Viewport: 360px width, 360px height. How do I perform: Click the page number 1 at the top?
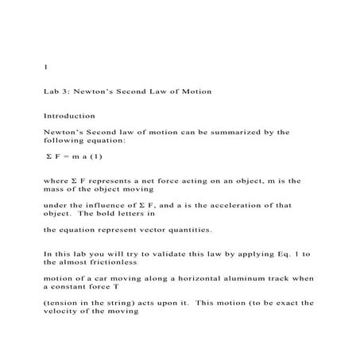[x=45, y=67]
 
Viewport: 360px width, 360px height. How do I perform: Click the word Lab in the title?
[x=50, y=91]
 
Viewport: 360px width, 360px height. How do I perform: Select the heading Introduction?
[x=69, y=116]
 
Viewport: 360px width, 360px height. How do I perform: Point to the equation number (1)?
[x=95, y=157]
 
